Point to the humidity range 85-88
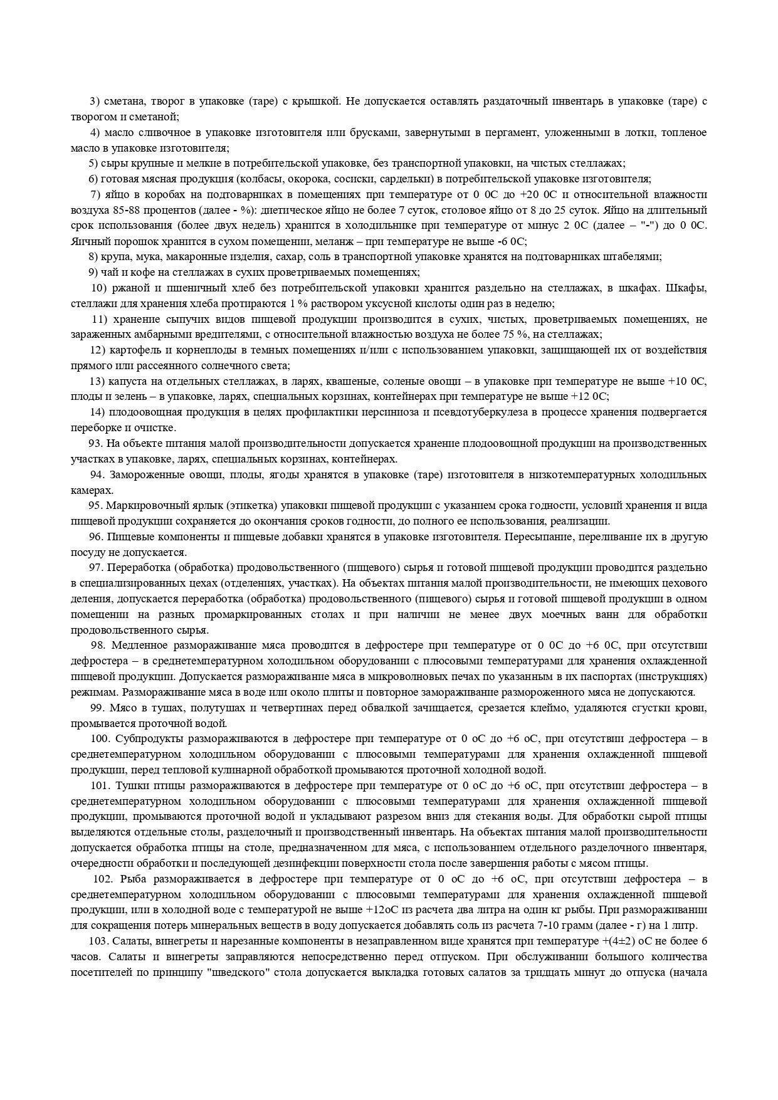tap(117, 210)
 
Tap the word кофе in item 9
tap(140, 272)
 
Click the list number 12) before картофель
tap(97, 350)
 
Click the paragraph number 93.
tap(96, 443)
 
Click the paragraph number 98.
tap(98, 645)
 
